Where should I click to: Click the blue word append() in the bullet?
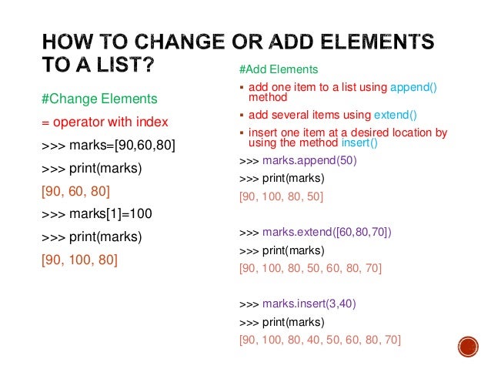(413, 87)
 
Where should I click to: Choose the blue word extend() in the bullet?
(395, 116)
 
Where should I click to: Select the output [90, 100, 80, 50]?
(281, 196)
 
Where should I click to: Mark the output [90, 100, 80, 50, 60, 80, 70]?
(310, 268)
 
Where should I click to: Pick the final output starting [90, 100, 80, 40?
(319, 339)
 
